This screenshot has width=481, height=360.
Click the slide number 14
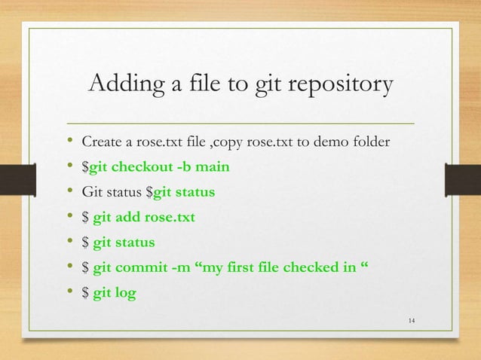pos(411,323)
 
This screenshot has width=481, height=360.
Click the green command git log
pos(115,293)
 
